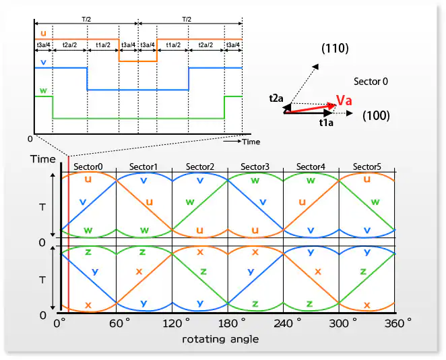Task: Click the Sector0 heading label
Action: (89, 167)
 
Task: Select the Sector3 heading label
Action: (255, 167)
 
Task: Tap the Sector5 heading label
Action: (367, 167)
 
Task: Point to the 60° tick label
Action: (119, 324)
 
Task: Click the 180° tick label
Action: (228, 324)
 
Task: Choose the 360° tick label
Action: (396, 324)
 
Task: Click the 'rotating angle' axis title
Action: (220, 339)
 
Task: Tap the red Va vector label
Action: (344, 101)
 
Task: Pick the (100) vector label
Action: (375, 116)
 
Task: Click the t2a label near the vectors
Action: (276, 98)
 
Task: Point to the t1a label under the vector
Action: (327, 123)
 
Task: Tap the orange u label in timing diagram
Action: (44, 32)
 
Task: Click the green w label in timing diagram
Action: (44, 90)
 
